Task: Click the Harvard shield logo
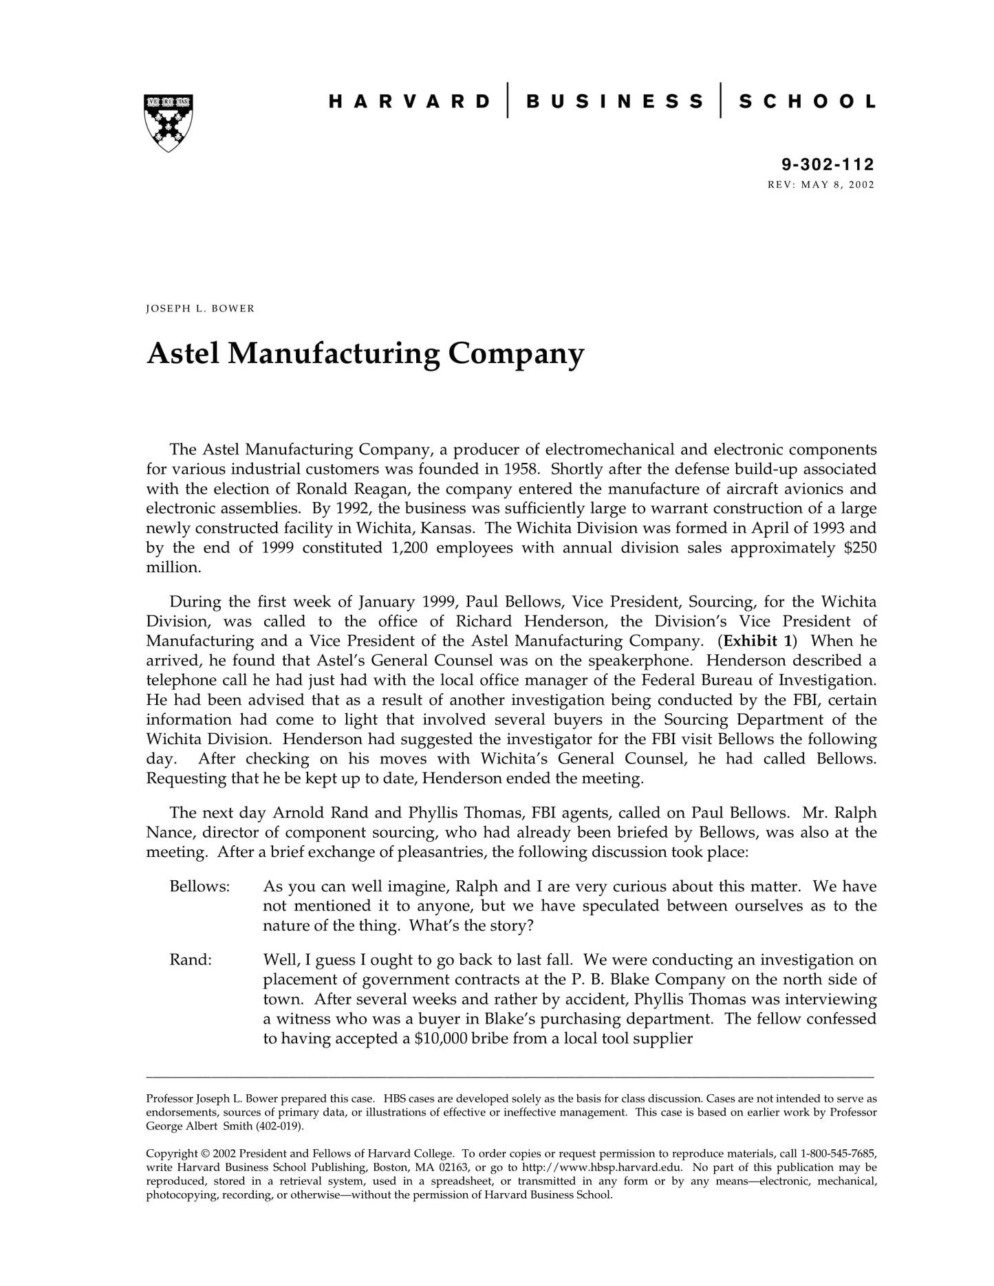click(x=168, y=122)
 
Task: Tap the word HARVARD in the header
click(x=409, y=102)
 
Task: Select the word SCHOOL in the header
click(x=807, y=102)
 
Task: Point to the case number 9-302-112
click(x=828, y=164)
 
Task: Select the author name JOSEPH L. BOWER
click(x=200, y=309)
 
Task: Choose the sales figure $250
click(x=860, y=547)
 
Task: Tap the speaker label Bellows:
click(x=199, y=886)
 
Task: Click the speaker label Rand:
click(x=191, y=960)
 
